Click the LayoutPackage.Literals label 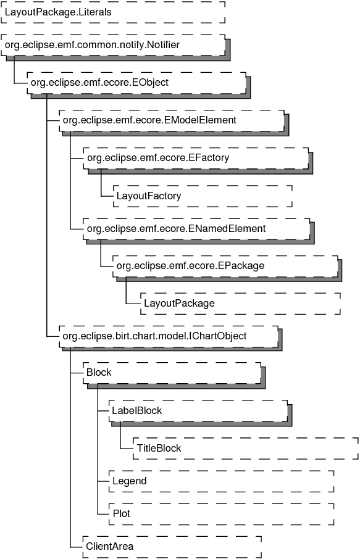click(x=58, y=12)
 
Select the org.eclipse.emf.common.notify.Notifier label click(x=92, y=45)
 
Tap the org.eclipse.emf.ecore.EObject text click(x=99, y=83)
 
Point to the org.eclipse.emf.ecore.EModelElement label click(x=149, y=120)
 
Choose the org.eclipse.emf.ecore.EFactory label click(x=158, y=158)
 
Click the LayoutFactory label click(x=149, y=196)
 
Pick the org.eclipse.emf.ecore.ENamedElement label click(x=176, y=228)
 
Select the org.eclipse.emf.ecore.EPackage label click(x=191, y=266)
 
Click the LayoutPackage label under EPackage click(x=179, y=304)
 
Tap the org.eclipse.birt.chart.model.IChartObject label click(x=154, y=336)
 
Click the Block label click(x=99, y=373)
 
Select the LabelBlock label click(x=137, y=411)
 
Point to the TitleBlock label click(x=159, y=448)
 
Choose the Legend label click(x=130, y=481)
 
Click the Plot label click(x=122, y=514)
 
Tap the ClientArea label click(x=109, y=547)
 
